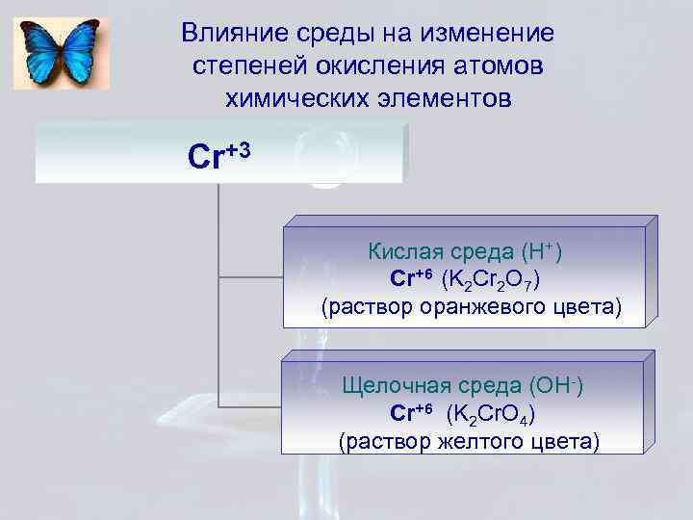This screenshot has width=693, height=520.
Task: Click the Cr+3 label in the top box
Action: pyautogui.click(x=220, y=154)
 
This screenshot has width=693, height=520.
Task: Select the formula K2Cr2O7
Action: pyautogui.click(x=490, y=280)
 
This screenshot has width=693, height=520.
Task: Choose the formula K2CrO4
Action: pyautogui.click(x=491, y=414)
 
